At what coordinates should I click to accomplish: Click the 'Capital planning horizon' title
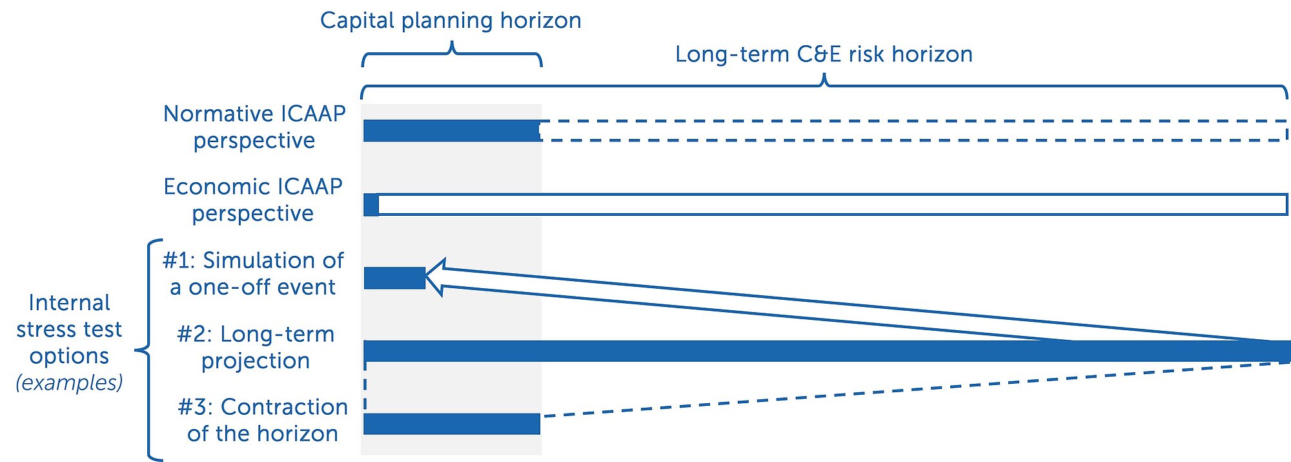(x=451, y=21)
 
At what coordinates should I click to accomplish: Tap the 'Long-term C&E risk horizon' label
(x=824, y=54)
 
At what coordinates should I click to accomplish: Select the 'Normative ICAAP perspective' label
(x=254, y=127)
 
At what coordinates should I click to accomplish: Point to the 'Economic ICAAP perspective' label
(x=253, y=200)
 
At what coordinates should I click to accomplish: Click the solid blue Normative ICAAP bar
(x=452, y=131)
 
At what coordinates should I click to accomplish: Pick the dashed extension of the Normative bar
(x=914, y=131)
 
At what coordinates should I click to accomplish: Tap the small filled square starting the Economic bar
(x=371, y=204)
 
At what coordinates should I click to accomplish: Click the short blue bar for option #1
(x=394, y=278)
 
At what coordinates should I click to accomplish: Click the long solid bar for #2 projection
(x=827, y=351)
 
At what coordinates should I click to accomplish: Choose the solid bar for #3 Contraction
(x=452, y=424)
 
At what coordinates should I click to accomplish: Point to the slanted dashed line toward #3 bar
(x=915, y=390)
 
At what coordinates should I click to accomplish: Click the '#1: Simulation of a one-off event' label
(x=253, y=273)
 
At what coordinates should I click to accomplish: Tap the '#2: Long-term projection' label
(x=256, y=347)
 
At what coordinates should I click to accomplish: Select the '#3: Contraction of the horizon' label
(x=263, y=420)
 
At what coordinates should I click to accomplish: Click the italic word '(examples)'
(x=69, y=383)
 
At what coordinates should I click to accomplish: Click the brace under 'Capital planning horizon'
(x=452, y=54)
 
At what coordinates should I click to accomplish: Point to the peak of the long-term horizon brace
(x=824, y=75)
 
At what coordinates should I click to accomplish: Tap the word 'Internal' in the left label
(x=69, y=302)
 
